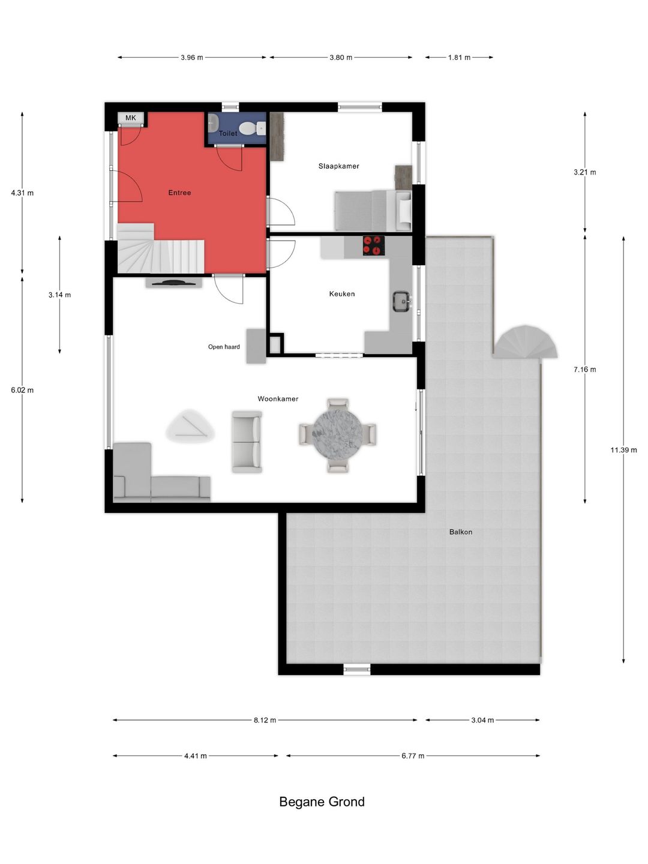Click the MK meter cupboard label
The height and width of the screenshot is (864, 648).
pos(131,118)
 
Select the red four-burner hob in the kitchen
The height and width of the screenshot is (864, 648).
pos(373,245)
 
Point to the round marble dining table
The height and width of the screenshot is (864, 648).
pos(337,435)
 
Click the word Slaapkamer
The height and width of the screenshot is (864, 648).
pos(339,166)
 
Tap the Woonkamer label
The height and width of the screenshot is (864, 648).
pos(278,399)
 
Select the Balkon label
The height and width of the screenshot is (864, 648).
pos(461,532)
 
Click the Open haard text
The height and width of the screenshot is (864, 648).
pos(224,347)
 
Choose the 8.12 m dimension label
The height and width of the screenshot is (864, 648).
pos(265,720)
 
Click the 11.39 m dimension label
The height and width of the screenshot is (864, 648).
pos(623,450)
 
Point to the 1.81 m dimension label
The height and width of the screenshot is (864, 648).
pos(459,58)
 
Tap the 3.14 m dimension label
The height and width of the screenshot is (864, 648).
pos(60,295)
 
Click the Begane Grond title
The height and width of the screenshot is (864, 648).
pos(322,802)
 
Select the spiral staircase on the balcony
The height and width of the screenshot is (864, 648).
pos(526,341)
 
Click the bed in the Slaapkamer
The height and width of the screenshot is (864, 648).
pos(373,211)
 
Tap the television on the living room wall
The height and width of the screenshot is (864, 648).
pos(173,282)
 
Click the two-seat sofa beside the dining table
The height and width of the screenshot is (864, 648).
pos(247,442)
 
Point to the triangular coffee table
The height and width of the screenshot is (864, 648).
pos(190,425)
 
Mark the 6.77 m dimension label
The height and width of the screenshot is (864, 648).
pos(413,756)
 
